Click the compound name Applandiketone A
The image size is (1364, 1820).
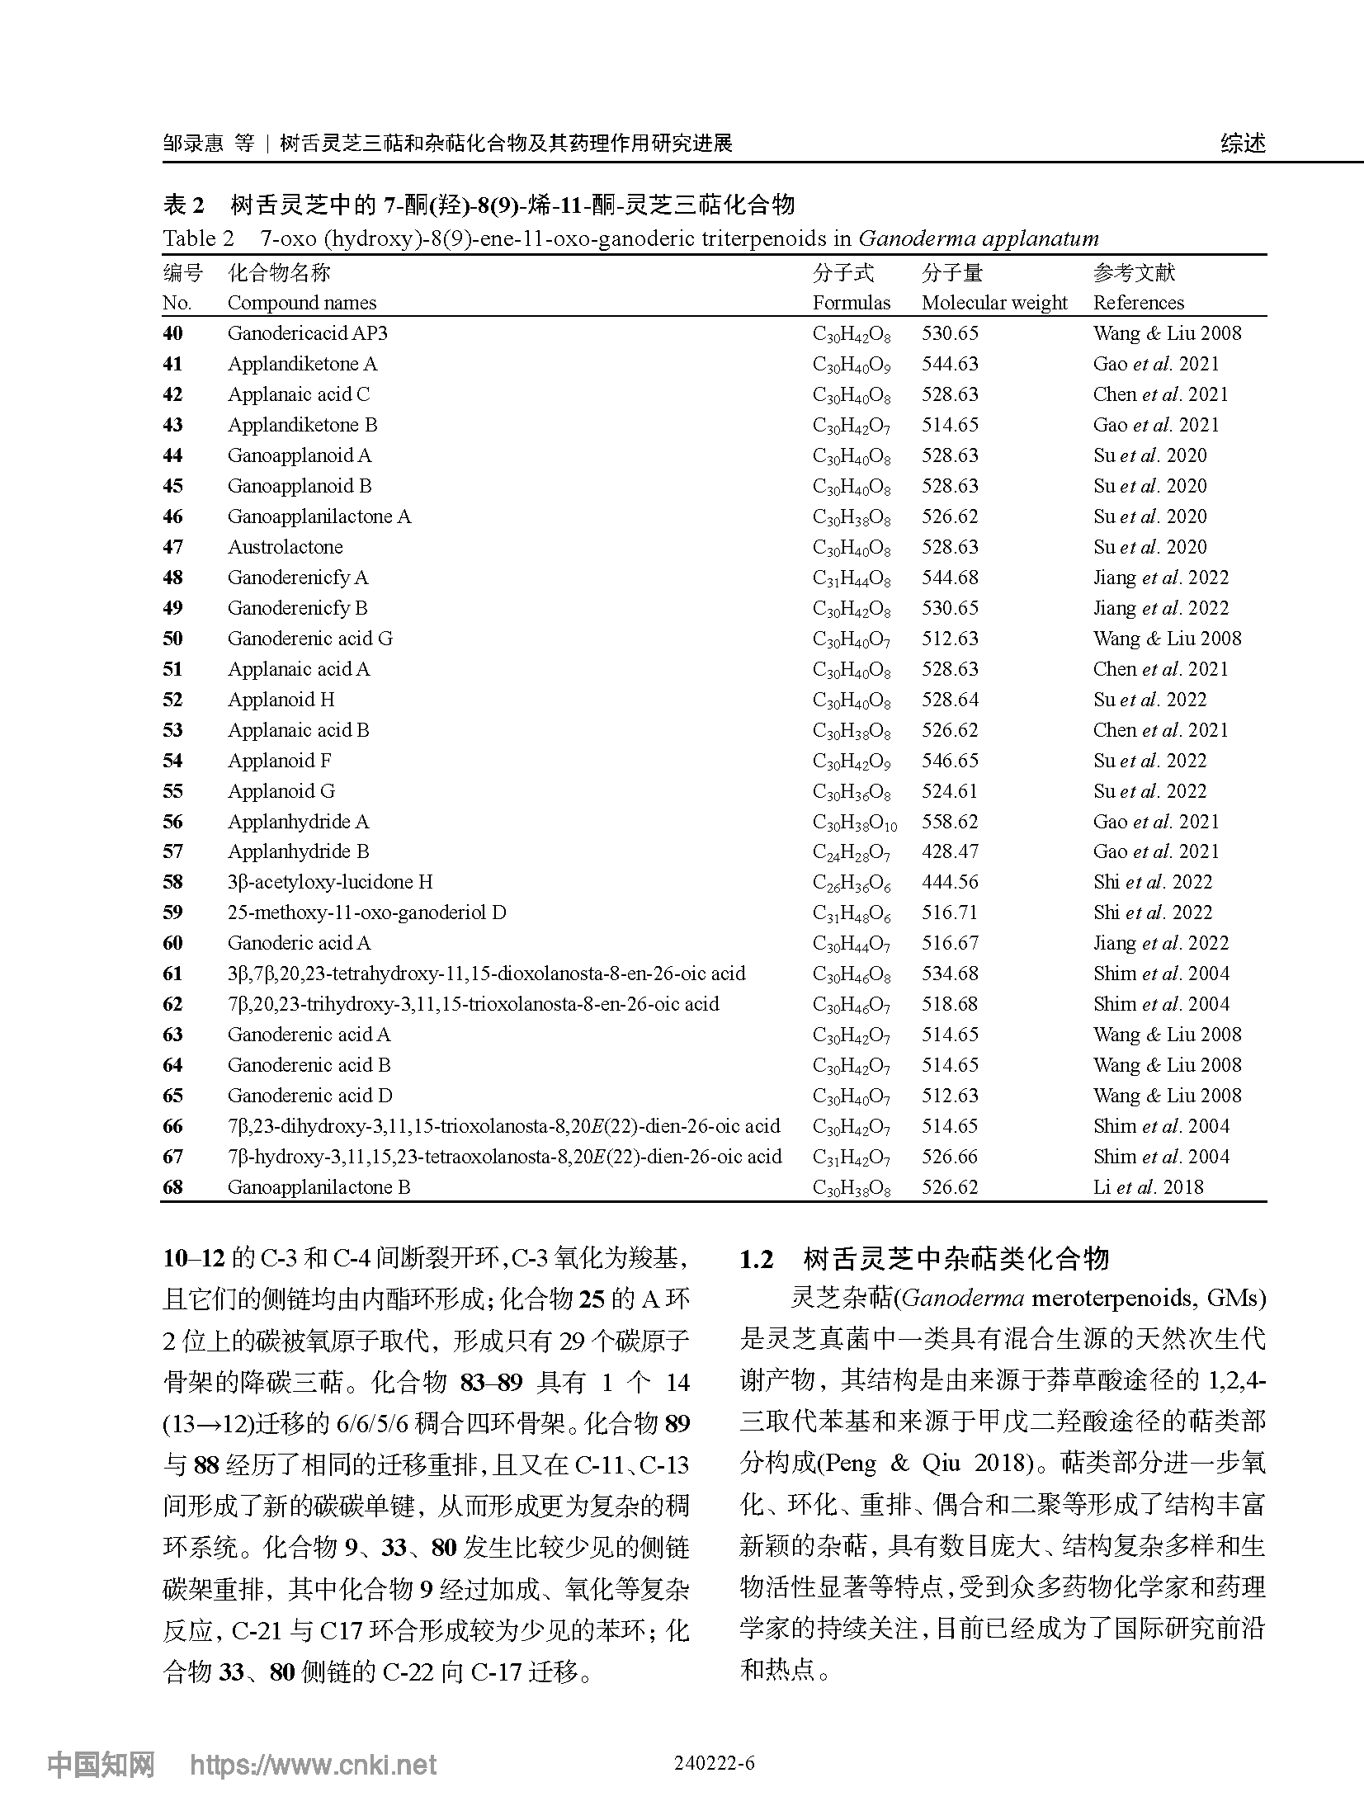point(302,364)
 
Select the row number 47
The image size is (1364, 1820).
point(172,547)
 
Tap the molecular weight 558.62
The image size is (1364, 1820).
point(950,822)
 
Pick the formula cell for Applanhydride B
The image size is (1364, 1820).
point(851,852)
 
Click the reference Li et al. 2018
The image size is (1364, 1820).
point(1148,1187)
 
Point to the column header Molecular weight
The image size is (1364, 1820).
point(994,303)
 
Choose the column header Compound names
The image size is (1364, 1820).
point(301,303)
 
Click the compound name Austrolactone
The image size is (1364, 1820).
point(285,547)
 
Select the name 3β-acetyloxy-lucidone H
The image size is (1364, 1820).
point(330,882)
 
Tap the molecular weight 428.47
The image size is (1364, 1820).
point(950,851)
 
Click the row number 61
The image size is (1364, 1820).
point(172,974)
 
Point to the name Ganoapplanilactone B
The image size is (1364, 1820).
point(319,1187)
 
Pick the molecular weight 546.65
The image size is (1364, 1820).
point(950,761)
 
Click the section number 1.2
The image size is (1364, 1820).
point(757,1260)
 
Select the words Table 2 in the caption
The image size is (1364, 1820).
point(198,239)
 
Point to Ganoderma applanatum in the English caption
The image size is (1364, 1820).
point(978,239)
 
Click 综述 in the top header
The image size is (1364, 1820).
point(1243,144)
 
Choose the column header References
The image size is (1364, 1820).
point(1138,303)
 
